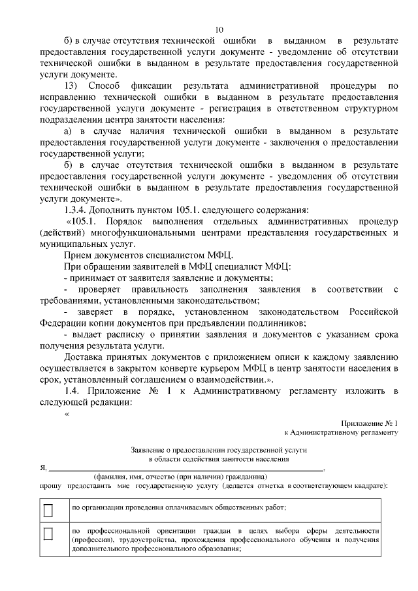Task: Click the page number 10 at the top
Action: [x=219, y=29]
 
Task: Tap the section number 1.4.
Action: [x=73, y=390]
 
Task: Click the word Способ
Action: [x=104, y=86]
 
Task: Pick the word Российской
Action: [x=374, y=311]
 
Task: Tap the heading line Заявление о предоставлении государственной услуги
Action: [x=219, y=450]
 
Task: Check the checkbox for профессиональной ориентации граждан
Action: [x=48, y=534]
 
